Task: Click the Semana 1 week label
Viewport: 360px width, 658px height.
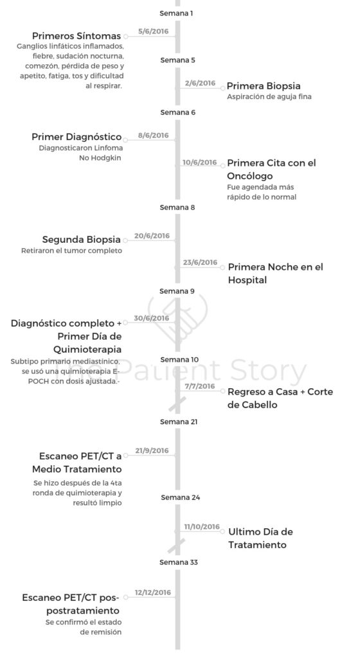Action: point(176,13)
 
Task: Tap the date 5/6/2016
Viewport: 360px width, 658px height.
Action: point(153,31)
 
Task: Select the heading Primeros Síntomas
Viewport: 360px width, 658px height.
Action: point(76,36)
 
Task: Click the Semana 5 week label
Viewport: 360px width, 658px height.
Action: point(177,60)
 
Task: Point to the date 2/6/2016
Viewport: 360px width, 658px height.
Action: point(200,83)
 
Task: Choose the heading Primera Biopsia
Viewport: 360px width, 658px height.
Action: point(264,86)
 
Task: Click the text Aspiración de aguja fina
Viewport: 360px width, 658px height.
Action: point(269,97)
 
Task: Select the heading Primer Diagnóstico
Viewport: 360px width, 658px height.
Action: point(76,138)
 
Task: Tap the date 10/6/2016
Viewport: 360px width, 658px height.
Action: point(200,163)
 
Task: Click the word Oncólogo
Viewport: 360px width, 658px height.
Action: point(250,176)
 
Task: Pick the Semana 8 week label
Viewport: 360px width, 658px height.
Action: point(177,208)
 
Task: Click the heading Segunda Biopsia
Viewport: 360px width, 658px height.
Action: point(82,240)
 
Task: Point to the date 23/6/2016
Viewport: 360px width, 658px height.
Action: point(200,263)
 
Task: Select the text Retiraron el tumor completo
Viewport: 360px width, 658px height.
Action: point(72,251)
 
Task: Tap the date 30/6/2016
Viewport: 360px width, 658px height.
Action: point(152,318)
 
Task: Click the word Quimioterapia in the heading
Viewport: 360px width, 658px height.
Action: point(87,349)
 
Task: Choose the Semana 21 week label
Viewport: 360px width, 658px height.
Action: point(179,422)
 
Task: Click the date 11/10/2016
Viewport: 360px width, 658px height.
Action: point(202,527)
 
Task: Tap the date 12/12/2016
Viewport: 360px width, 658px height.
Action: point(153,592)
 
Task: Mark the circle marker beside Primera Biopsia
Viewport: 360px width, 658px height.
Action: point(222,88)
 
